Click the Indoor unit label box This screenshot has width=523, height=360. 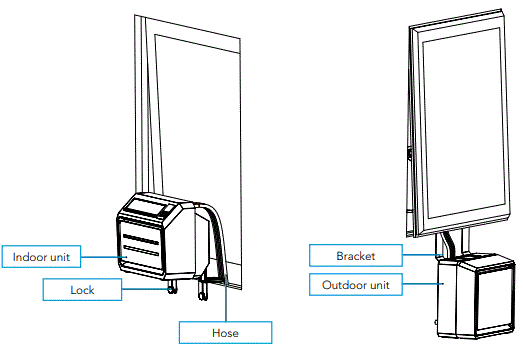(x=41, y=257)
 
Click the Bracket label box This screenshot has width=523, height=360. (x=355, y=256)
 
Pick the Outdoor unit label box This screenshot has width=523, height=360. (x=355, y=284)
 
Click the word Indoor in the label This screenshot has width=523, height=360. (x=29, y=257)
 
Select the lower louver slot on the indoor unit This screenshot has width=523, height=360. (x=140, y=254)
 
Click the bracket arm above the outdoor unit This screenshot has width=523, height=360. (x=446, y=241)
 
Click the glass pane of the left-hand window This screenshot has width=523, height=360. (x=195, y=110)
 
